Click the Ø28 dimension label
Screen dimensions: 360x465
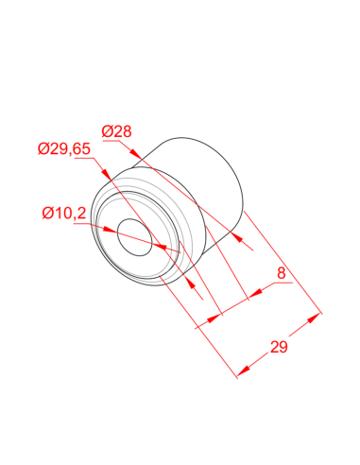coord(116,131)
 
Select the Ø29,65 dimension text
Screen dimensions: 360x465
coord(64,148)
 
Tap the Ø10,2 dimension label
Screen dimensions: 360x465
coord(64,214)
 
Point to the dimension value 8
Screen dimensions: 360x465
coord(282,273)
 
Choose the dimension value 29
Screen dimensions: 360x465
coord(279,347)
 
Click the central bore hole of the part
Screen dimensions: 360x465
coord(134,237)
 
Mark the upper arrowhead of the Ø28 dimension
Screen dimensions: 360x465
coord(135,153)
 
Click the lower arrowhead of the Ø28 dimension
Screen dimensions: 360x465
coord(238,238)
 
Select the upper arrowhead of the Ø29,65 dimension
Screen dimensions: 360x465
coord(106,174)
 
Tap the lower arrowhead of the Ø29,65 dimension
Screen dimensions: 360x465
coord(191,283)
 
